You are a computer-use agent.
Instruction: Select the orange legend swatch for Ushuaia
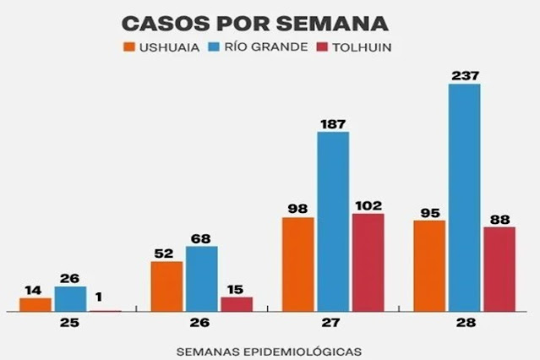128,47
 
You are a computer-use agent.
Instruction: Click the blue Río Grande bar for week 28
464,198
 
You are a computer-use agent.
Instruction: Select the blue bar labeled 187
333,221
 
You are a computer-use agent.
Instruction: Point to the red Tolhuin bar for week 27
368,262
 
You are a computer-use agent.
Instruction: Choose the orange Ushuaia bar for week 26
166,286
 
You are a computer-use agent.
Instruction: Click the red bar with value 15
236,304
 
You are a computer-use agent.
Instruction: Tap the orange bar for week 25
35,305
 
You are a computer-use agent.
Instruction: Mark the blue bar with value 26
70,299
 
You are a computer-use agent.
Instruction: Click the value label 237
464,76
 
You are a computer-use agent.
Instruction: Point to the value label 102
368,205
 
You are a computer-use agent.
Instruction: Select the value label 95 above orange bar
428,212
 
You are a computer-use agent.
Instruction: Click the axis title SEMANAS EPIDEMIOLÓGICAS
269,349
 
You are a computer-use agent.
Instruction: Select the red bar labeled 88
499,269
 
